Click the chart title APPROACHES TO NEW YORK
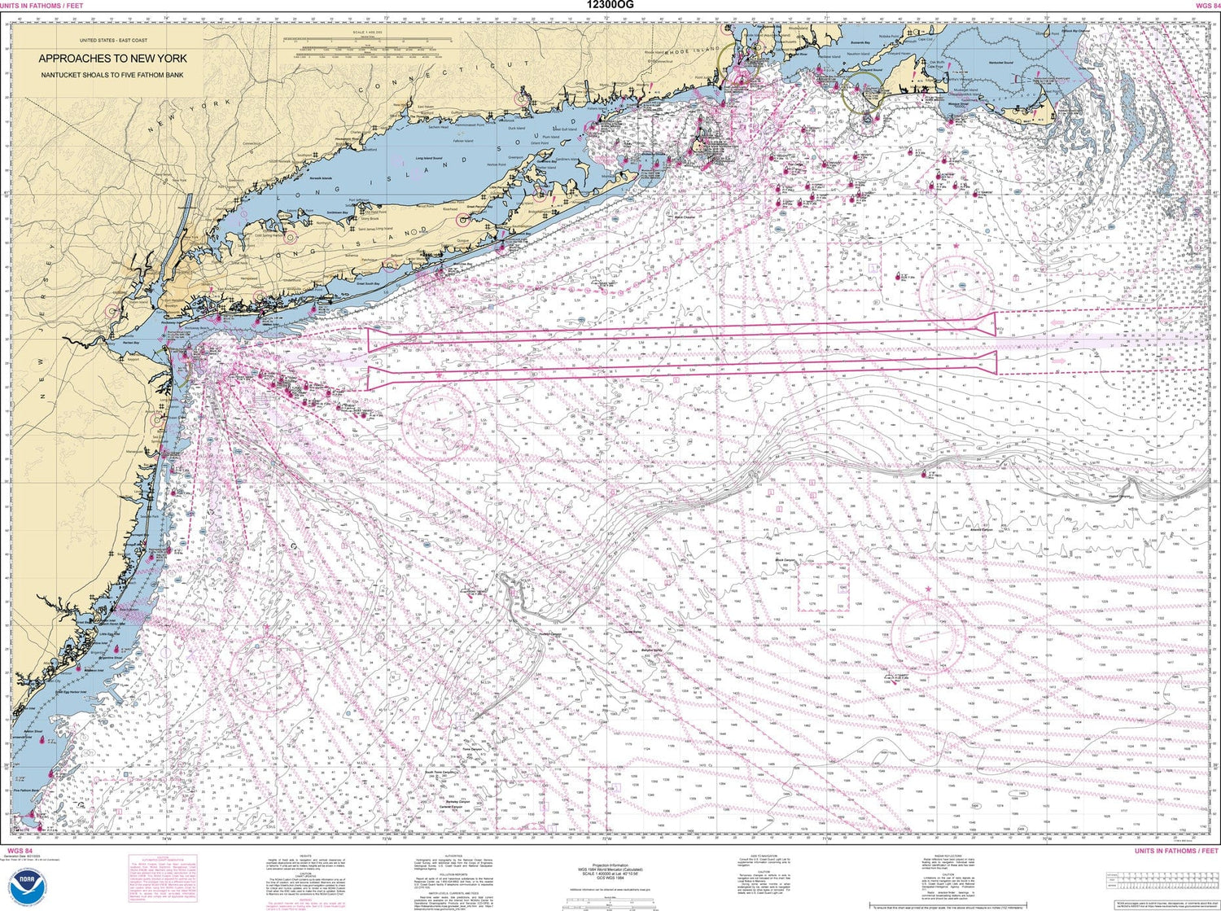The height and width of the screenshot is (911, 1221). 112,59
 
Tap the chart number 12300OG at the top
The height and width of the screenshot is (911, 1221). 610,5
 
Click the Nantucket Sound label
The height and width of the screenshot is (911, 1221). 996,62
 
